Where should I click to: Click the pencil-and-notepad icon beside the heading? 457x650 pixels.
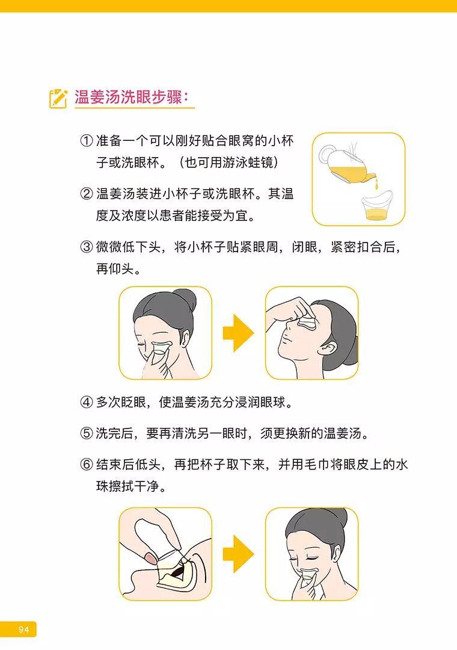point(58,97)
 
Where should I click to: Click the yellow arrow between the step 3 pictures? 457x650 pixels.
point(239,333)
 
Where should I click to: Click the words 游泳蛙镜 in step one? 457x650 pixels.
point(252,163)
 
